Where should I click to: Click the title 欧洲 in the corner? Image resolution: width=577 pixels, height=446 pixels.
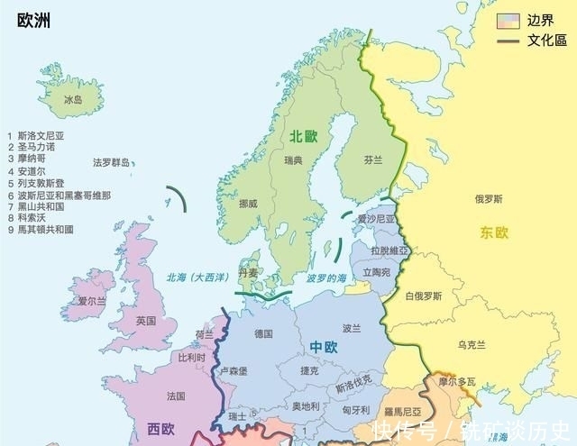click(x=32, y=21)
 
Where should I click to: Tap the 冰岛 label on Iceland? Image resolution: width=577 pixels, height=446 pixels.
click(x=73, y=100)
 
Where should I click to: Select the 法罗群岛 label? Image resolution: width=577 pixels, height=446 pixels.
click(x=112, y=163)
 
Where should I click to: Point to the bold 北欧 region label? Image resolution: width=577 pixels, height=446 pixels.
click(x=304, y=136)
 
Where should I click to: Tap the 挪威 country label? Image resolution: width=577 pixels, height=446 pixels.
click(x=248, y=204)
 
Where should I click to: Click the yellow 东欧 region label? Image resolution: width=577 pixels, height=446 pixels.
click(x=494, y=232)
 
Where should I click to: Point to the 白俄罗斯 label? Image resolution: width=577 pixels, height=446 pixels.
click(x=423, y=296)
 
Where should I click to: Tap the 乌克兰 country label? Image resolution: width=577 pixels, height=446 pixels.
click(x=472, y=344)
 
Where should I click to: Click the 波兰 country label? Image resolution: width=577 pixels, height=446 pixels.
click(x=352, y=328)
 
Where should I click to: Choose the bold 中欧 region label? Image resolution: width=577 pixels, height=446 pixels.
click(x=324, y=347)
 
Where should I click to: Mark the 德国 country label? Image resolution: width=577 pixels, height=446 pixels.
click(x=264, y=333)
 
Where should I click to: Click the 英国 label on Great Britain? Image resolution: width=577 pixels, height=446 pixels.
click(x=145, y=321)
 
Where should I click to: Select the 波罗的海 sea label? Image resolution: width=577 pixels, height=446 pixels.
click(x=325, y=278)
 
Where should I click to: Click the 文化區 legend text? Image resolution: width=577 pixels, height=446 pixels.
click(x=546, y=41)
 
